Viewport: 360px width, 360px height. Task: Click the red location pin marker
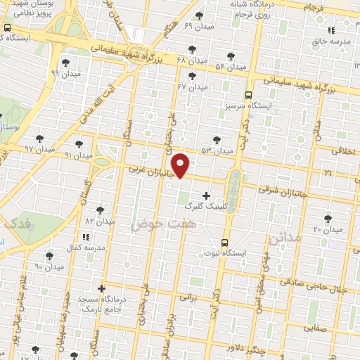click(181, 165)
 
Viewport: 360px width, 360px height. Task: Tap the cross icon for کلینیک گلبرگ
click(205, 195)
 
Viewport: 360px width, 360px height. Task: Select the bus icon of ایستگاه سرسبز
click(247, 95)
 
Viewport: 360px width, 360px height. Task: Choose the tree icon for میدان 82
click(101, 210)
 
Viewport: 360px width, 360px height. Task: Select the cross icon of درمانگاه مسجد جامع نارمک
click(102, 288)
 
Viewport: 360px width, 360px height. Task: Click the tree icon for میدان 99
click(65, 62)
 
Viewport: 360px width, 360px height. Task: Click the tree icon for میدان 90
click(49, 257)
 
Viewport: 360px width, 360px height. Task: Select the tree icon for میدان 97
click(39, 139)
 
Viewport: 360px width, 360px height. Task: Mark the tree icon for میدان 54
click(231, 56)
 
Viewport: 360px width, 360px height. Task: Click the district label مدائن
click(282, 238)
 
